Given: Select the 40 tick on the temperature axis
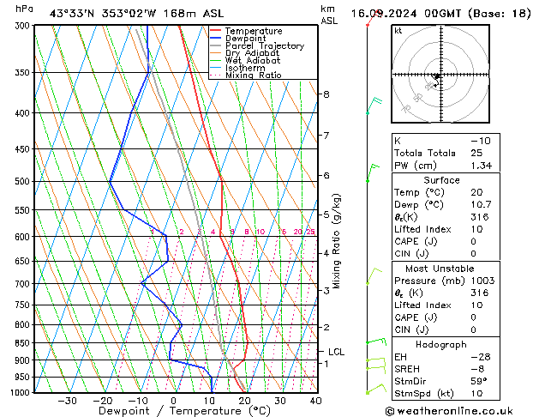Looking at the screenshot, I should [x=316, y=401].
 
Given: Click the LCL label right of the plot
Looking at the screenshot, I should [x=336, y=352].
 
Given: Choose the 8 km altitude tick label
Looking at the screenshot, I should [x=326, y=94].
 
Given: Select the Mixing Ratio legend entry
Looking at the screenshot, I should [x=254, y=76].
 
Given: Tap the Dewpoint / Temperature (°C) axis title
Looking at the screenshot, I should [x=172, y=411].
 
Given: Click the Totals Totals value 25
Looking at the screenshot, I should [x=476, y=153].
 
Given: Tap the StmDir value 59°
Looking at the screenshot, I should [x=479, y=381].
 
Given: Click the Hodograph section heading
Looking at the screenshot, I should [x=443, y=343].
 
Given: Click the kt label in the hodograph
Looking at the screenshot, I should [x=398, y=31].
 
